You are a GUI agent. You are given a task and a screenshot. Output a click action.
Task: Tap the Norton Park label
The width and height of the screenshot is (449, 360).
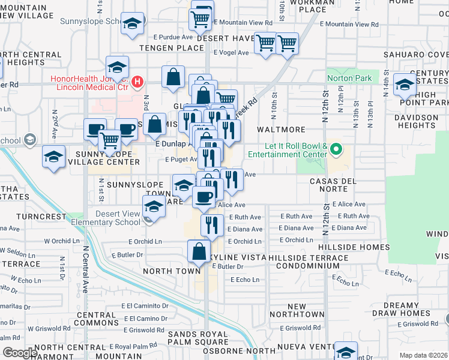pos(349,78)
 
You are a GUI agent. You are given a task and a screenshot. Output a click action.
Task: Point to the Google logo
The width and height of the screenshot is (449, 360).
pos(19,353)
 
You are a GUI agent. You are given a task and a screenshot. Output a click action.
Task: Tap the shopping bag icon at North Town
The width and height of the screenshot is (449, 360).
pos(199,251)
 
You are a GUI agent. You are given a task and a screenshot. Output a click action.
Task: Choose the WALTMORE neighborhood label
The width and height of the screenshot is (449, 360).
pos(277,130)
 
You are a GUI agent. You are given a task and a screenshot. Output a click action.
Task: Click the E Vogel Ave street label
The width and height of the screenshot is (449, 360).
pos(231,53)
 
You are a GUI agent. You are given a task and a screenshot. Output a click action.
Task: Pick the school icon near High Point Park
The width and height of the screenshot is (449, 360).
pos(404,85)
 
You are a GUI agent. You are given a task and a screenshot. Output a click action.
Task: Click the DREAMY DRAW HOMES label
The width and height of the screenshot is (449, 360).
pos(409,309)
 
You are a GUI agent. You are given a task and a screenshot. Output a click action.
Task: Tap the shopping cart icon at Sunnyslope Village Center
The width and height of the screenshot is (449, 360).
pos(110,141)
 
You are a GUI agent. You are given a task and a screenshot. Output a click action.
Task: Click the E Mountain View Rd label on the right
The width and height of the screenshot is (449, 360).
pos(357,25)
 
